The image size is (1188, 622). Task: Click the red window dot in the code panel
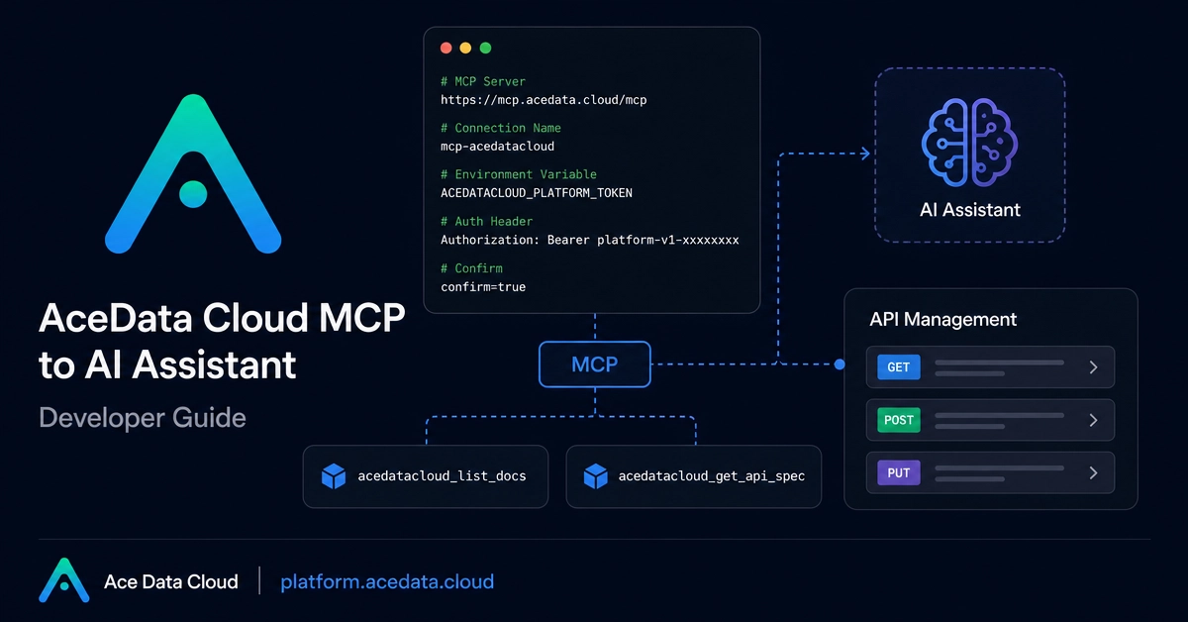(x=446, y=49)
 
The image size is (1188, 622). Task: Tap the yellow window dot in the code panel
(x=465, y=49)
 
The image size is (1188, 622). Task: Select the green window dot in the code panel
(x=485, y=49)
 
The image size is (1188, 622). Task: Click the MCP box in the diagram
(x=595, y=364)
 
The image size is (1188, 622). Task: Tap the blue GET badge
(x=899, y=366)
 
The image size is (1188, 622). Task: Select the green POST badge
(x=899, y=420)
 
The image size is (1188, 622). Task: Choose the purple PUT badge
(x=899, y=472)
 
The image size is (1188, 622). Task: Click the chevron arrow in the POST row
(x=1094, y=420)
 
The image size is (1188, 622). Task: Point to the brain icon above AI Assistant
(x=969, y=143)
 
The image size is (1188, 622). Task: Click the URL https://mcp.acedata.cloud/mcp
(x=544, y=100)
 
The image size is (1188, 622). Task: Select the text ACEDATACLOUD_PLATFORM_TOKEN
(x=537, y=193)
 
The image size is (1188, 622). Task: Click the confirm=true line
(x=483, y=287)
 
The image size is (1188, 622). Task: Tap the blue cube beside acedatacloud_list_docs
(x=334, y=476)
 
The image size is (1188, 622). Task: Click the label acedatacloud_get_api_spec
(x=711, y=476)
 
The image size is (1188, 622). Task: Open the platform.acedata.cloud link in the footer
(x=387, y=581)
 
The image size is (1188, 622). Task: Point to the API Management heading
(x=942, y=320)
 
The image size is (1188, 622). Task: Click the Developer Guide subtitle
(x=143, y=418)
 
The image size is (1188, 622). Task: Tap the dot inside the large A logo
(x=193, y=194)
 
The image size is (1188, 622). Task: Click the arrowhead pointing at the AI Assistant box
(x=865, y=154)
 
